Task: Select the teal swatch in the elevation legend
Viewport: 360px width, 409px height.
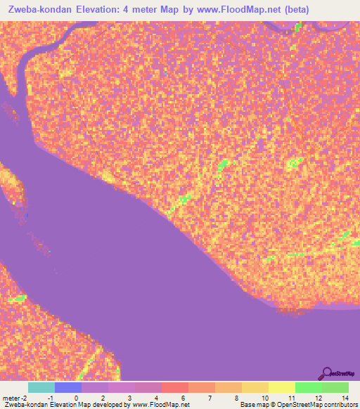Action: [x=41, y=387]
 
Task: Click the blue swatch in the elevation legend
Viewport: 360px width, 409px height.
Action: [x=68, y=387]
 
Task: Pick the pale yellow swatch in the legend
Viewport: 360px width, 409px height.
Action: [x=282, y=387]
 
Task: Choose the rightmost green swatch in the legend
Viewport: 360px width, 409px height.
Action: [x=335, y=387]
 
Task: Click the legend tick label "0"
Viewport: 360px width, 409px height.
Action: [x=76, y=398]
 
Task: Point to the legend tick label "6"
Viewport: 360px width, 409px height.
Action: [x=183, y=398]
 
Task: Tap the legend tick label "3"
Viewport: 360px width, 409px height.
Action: [x=129, y=398]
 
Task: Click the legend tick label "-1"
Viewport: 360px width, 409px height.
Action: [x=49, y=398]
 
